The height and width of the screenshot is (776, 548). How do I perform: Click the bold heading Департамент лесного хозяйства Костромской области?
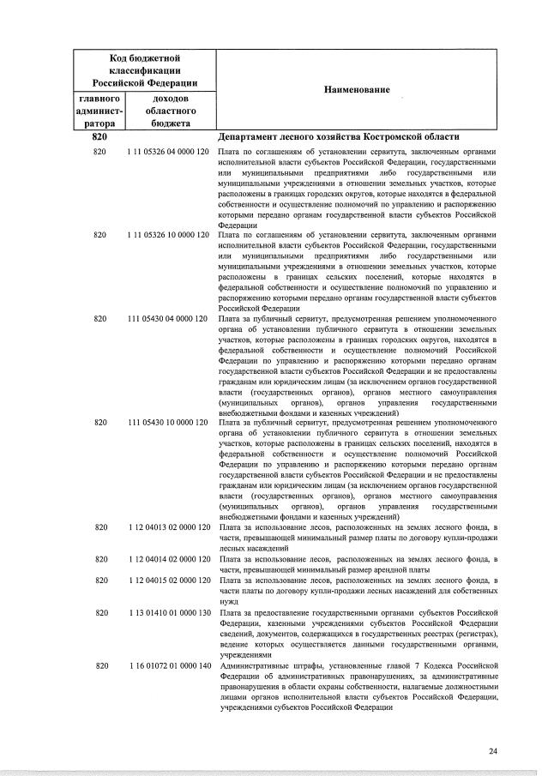(x=339, y=137)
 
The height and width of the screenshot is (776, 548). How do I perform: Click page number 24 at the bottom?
(x=493, y=751)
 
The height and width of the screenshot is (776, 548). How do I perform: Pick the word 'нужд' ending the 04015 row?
(x=230, y=601)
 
